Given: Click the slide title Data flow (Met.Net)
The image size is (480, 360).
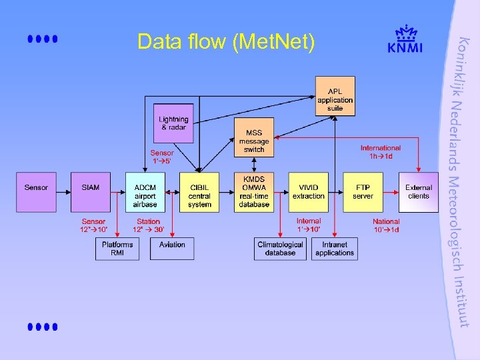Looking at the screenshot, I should pyautogui.click(x=225, y=42).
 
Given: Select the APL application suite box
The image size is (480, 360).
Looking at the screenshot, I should pyautogui.click(x=335, y=96).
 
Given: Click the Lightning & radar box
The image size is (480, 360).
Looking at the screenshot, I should pyautogui.click(x=173, y=123).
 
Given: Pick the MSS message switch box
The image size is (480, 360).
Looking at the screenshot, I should pyautogui.click(x=254, y=137).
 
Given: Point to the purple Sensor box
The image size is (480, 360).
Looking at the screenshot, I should pyautogui.click(x=36, y=192).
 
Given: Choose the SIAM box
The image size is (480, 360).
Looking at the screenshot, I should pyautogui.click(x=91, y=192).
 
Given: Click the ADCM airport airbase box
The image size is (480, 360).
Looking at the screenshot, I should pyautogui.click(x=145, y=192).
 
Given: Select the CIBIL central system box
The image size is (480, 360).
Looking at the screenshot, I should pyautogui.click(x=199, y=192).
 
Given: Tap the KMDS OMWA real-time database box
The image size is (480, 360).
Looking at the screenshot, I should pyautogui.click(x=254, y=192).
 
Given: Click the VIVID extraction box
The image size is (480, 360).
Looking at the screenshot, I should pyautogui.click(x=309, y=192).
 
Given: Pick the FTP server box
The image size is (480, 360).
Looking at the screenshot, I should pyautogui.click(x=363, y=192).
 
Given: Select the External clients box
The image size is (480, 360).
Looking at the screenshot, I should pyautogui.click(x=419, y=192).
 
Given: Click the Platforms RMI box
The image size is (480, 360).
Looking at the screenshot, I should pyautogui.click(x=117, y=249).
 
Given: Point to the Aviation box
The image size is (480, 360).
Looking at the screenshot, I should pyautogui.click(x=172, y=249).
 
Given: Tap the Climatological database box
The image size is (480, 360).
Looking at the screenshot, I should pyautogui.click(x=280, y=249).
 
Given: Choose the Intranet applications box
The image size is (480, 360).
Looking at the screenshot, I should pyautogui.click(x=335, y=249).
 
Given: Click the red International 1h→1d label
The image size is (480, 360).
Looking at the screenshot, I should pyautogui.click(x=381, y=152).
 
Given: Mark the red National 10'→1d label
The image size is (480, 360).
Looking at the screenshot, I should pyautogui.click(x=386, y=225).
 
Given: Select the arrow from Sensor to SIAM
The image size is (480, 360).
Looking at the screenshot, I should pyautogui.click(x=64, y=192).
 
